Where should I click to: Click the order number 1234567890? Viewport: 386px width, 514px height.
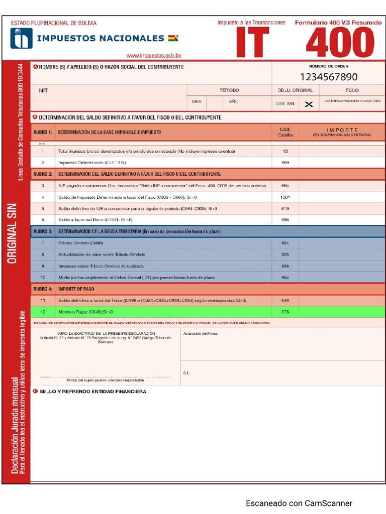point(329,77)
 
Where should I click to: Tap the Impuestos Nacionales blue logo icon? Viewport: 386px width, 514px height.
point(21,38)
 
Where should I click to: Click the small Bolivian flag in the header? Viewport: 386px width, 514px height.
point(173,38)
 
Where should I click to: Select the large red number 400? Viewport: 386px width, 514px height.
point(340,43)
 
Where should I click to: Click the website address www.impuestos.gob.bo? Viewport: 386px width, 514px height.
point(154,56)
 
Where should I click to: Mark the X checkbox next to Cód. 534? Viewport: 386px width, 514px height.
point(309,104)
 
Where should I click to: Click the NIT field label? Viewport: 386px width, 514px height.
point(43,91)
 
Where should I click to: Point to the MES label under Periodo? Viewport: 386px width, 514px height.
point(197,101)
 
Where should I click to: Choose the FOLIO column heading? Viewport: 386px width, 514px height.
point(352,90)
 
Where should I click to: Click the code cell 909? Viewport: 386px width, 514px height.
point(285,163)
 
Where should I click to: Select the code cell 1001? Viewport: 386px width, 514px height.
point(285,197)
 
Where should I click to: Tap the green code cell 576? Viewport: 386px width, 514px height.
point(285,312)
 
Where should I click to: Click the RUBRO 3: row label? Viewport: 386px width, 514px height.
point(43,231)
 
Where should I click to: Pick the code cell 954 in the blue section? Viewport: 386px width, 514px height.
point(285,278)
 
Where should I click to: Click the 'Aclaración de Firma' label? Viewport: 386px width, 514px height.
point(201,333)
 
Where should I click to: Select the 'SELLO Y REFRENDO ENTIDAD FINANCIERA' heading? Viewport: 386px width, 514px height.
point(93,392)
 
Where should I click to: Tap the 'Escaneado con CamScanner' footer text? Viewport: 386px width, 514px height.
point(299,503)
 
